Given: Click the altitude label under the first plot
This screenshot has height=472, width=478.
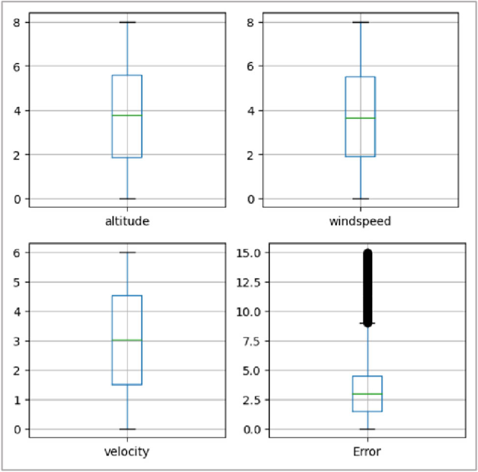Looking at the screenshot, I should [x=127, y=222].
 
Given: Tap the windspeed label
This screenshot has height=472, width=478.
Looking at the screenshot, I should [x=360, y=222].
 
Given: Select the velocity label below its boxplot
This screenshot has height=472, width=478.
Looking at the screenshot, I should [x=127, y=451].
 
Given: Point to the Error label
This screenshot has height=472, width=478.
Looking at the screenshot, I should [x=367, y=451].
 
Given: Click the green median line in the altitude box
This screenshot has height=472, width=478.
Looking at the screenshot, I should [x=127, y=115].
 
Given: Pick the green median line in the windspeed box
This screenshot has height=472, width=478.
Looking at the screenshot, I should [x=360, y=118].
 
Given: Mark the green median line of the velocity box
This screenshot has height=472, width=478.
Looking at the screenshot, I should [x=127, y=340].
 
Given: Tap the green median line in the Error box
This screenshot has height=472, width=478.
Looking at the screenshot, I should [x=367, y=394].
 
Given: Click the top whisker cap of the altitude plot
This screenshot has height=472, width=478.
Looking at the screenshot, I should [x=127, y=22].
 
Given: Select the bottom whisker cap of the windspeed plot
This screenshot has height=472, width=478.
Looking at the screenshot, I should [x=360, y=199].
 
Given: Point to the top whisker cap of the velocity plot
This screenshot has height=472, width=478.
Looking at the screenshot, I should [x=127, y=252].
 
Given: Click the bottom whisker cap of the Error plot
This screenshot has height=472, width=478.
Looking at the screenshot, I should [x=367, y=429].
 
